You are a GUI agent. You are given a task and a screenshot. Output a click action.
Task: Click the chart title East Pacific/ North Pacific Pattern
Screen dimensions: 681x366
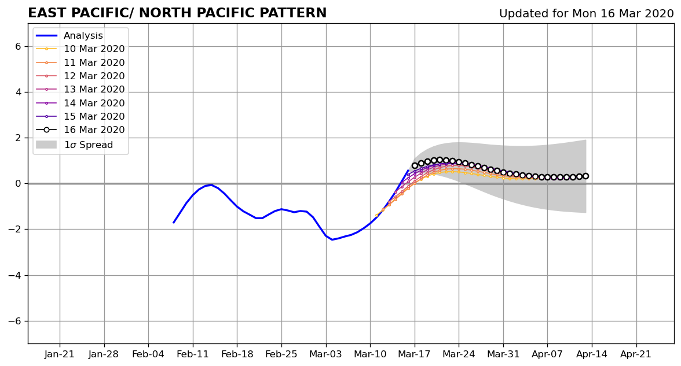pyautogui.click(x=177, y=13)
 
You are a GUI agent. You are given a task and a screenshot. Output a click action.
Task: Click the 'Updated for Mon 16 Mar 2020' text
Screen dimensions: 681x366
pyautogui.click(x=586, y=13)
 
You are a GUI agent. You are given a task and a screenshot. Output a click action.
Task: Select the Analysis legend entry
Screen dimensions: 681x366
pyautogui.click(x=69, y=36)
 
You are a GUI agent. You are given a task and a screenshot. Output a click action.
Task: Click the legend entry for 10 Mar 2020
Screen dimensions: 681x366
pyautogui.click(x=80, y=49)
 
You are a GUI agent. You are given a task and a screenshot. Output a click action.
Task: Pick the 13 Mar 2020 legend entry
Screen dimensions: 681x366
pyautogui.click(x=80, y=89)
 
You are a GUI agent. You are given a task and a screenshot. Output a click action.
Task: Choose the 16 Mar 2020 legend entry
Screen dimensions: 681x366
pyautogui.click(x=80, y=130)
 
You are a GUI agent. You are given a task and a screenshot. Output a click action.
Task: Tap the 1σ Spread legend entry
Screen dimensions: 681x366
pyautogui.click(x=74, y=145)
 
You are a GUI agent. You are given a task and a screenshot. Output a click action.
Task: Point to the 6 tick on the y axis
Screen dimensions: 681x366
pyautogui.click(x=18, y=46)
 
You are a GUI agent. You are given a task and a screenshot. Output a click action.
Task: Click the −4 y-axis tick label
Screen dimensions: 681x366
pyautogui.click(x=15, y=275)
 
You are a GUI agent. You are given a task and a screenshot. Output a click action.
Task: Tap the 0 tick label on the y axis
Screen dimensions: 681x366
pyautogui.click(x=18, y=184)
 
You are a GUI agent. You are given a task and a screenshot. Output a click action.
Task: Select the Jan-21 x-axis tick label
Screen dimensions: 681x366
pyautogui.click(x=60, y=354)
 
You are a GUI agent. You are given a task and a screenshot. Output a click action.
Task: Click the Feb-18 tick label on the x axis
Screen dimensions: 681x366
pyautogui.click(x=237, y=354)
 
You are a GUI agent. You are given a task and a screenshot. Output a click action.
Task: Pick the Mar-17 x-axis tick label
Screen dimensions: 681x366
pyautogui.click(x=415, y=354)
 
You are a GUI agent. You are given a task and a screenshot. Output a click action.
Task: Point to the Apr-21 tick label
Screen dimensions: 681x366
pyautogui.click(x=636, y=354)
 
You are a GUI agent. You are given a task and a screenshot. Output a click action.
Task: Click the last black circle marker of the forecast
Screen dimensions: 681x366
pyautogui.click(x=585, y=176)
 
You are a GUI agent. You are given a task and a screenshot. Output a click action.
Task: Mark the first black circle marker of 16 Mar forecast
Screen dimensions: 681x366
pyautogui.click(x=415, y=165)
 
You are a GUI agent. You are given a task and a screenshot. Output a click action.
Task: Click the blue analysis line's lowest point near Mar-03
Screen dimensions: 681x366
pyautogui.click(x=332, y=239)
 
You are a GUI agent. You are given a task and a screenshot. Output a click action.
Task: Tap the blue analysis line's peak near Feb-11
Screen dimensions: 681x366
pyautogui.click(x=211, y=185)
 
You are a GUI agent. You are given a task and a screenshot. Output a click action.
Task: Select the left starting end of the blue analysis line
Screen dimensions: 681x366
pyautogui.click(x=173, y=223)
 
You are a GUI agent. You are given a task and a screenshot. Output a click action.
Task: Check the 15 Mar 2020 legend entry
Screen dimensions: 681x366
pyautogui.click(x=80, y=116)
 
